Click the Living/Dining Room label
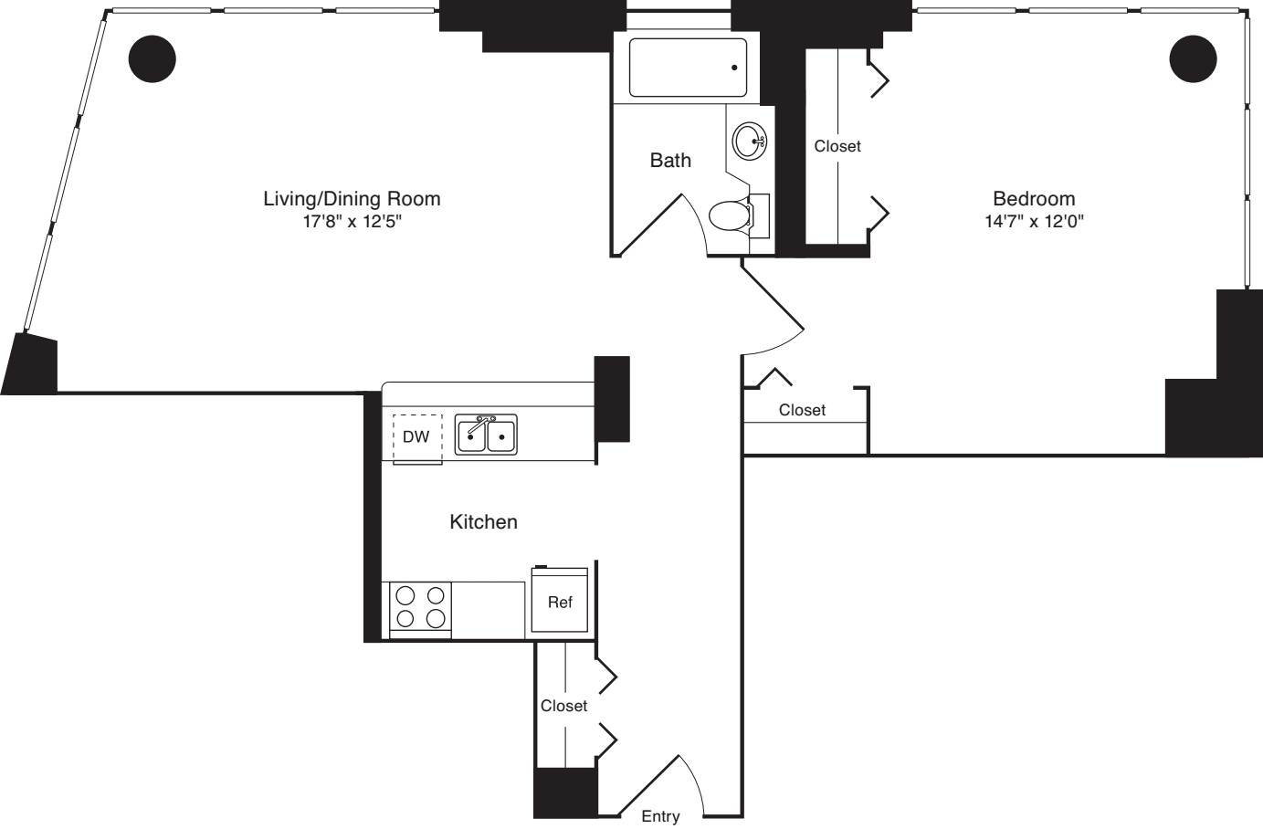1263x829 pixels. [x=352, y=198]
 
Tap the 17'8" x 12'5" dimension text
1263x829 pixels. [x=352, y=221]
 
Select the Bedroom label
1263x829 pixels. [x=1034, y=198]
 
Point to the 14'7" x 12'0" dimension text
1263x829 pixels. [x=1034, y=221]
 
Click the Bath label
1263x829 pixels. [x=670, y=161]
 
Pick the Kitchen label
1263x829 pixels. [x=483, y=522]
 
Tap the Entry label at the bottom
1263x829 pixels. [x=659, y=817]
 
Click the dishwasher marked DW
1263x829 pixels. [x=417, y=437]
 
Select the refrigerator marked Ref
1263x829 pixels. [x=560, y=602]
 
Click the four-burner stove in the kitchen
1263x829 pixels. [x=421, y=607]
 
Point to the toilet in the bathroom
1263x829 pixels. [x=731, y=216]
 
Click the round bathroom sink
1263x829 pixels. [x=750, y=142]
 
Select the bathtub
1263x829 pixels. [x=688, y=68]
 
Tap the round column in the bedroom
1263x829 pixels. [x=1193, y=58]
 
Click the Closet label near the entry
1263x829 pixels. [x=563, y=706]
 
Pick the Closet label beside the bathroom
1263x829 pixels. [x=837, y=146]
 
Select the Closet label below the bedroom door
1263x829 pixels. [x=802, y=411]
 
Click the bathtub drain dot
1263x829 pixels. [x=734, y=68]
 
